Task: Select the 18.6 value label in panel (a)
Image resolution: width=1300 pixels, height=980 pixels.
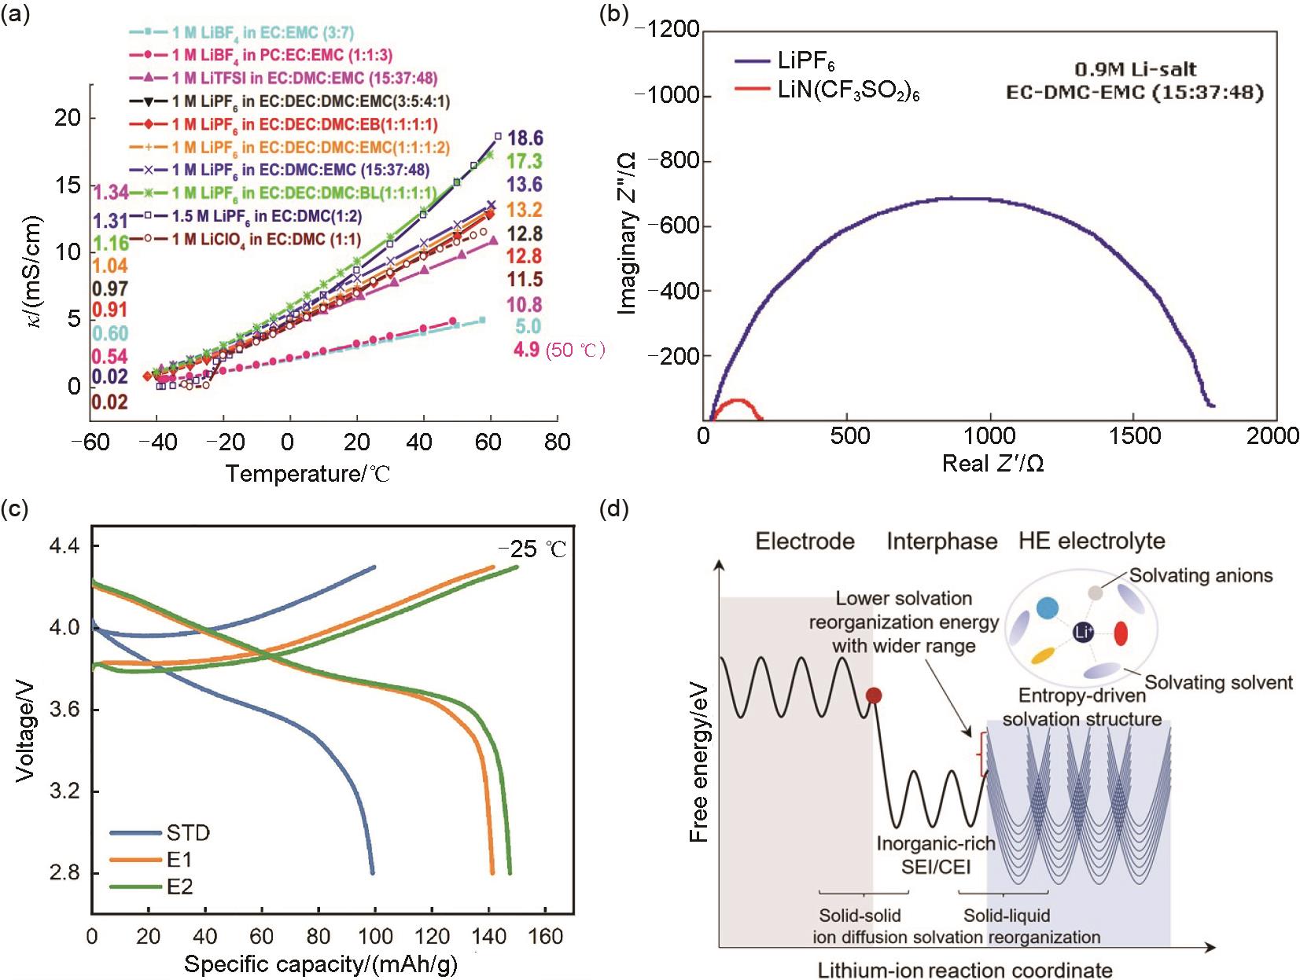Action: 525,138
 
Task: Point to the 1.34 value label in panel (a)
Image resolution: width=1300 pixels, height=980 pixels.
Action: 110,193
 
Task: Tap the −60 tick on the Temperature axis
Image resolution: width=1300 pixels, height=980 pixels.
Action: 90,442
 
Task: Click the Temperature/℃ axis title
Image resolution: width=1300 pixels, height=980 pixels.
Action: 308,474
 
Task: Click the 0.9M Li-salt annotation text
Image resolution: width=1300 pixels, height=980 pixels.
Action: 1135,69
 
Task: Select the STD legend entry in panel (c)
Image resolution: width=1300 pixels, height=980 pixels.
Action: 188,832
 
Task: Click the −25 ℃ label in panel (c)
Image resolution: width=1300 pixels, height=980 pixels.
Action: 532,549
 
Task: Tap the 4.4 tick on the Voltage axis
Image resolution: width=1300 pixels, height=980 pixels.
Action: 64,545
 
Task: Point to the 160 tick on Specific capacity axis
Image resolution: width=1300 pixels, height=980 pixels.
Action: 545,936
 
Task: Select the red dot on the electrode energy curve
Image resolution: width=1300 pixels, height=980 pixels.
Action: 873,695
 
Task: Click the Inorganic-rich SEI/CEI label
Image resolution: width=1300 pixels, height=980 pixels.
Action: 935,855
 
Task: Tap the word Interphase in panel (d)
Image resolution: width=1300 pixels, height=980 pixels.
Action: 941,541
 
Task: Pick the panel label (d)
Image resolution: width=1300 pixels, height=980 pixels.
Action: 613,508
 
